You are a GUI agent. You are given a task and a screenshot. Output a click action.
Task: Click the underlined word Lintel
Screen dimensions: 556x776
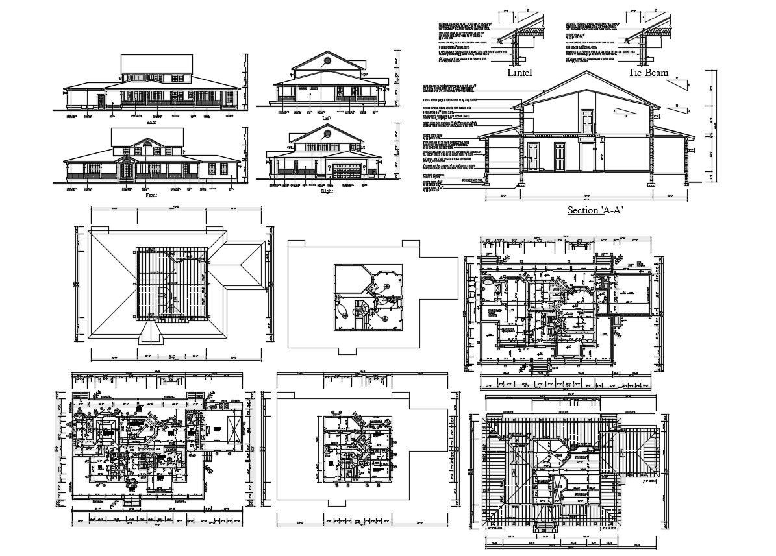[x=519, y=73]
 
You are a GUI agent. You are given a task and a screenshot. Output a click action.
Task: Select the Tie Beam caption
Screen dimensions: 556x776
[x=647, y=73]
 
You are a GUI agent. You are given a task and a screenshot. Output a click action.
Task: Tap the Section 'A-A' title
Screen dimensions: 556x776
[x=595, y=210]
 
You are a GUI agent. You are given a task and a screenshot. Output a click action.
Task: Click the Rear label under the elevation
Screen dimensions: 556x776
[x=151, y=121]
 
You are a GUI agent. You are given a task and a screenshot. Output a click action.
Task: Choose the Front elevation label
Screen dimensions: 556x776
[x=151, y=194]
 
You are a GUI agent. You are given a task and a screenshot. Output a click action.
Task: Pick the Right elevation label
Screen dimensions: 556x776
[x=326, y=191]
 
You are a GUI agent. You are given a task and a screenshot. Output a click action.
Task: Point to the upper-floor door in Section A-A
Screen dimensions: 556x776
[x=587, y=121]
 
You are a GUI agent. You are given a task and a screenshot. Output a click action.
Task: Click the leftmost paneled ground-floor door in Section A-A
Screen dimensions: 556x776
[x=532, y=156]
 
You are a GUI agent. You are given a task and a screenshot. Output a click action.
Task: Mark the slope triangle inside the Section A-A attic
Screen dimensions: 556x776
[x=623, y=112]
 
